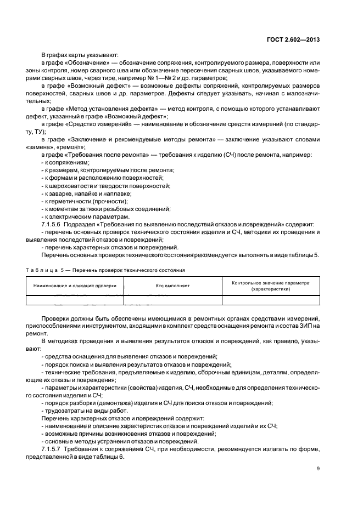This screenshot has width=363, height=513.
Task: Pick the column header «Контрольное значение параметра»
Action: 271,283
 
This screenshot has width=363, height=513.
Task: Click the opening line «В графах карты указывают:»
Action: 76,55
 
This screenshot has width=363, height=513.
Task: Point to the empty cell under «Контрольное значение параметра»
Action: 271,299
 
